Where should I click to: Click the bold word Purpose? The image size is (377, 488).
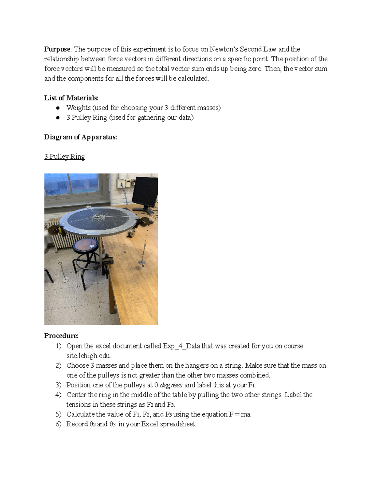click(57, 49)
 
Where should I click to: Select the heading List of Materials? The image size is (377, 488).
click(71, 98)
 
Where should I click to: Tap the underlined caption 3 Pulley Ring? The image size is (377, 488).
click(64, 156)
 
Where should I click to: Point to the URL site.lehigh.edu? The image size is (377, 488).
click(88, 356)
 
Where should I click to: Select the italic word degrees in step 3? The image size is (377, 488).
click(171, 385)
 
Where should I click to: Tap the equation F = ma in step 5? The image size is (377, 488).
click(240, 414)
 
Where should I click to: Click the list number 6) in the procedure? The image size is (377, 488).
click(58, 424)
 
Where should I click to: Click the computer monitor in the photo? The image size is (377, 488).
click(145, 192)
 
